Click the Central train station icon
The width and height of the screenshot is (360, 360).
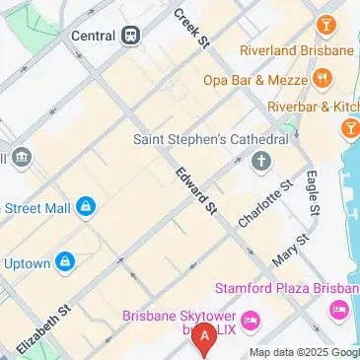(x=130, y=36)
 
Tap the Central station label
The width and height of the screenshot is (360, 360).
(x=95, y=36)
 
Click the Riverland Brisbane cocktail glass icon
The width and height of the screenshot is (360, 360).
(x=324, y=23)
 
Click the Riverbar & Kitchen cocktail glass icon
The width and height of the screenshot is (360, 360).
(x=349, y=128)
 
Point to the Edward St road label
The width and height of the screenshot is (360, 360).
(x=195, y=190)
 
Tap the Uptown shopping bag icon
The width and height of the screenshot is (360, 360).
(x=65, y=261)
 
